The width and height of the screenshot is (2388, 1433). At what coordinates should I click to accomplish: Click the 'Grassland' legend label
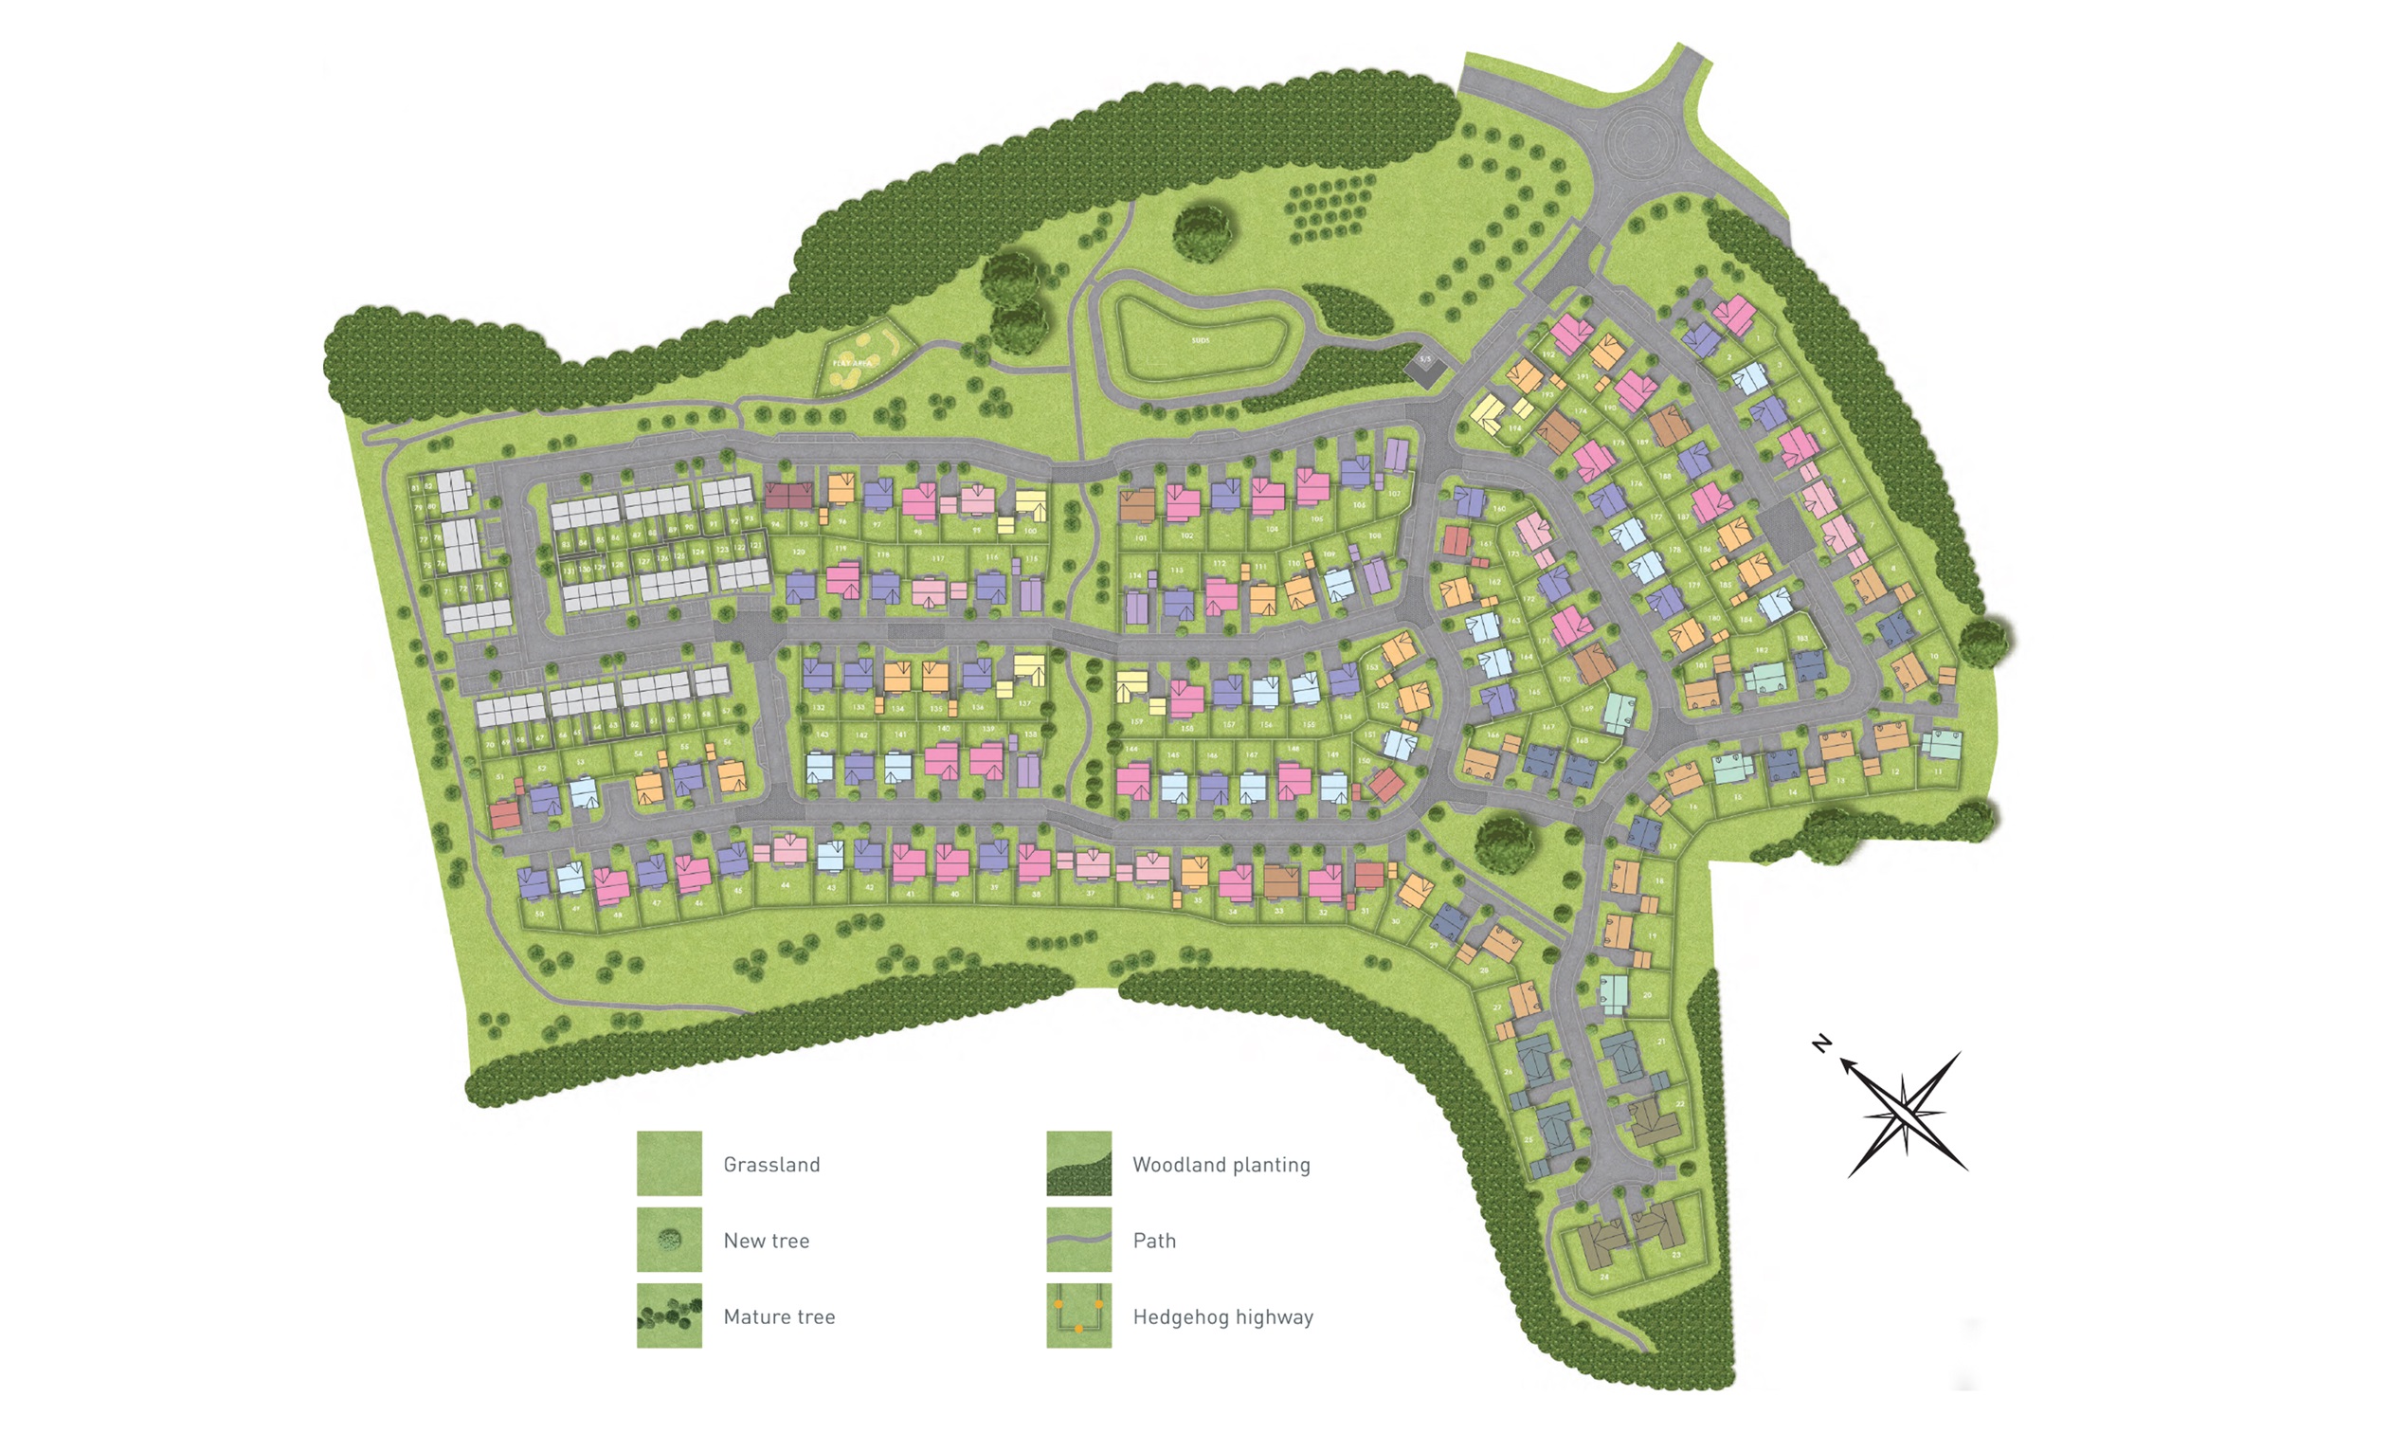[x=771, y=1165]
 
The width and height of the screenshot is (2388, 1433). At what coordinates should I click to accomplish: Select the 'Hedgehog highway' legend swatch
[x=1078, y=1315]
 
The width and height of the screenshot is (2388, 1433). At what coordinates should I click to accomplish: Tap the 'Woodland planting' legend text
[x=1221, y=1165]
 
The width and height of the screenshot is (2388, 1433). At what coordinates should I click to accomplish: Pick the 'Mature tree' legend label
[x=779, y=1316]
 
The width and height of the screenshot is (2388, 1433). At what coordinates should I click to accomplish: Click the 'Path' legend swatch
[x=1078, y=1239]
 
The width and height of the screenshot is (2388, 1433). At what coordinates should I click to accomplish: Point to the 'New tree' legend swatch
[x=669, y=1239]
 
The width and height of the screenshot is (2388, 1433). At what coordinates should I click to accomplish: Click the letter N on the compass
[x=1821, y=1043]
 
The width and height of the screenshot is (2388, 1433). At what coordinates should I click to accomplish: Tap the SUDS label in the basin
[x=1200, y=341]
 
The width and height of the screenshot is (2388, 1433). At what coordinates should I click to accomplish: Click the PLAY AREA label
[x=852, y=363]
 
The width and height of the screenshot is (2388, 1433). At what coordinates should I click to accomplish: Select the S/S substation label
[x=1424, y=361]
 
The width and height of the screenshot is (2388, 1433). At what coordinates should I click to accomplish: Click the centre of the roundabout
[x=1638, y=141]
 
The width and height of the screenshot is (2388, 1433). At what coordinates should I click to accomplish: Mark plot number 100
[x=1030, y=530]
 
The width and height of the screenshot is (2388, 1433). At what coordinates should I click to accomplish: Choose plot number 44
[x=785, y=884]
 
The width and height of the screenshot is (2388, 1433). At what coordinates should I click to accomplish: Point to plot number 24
[x=1604, y=1277]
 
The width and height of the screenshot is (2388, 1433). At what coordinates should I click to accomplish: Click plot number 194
[x=1514, y=427]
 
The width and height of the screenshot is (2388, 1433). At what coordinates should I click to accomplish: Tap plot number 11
[x=1937, y=771]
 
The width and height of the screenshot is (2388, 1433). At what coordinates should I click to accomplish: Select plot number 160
[x=1499, y=509]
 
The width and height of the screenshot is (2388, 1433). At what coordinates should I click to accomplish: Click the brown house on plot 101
[x=1137, y=505]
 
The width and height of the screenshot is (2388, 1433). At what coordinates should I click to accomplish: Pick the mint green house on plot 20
[x=1613, y=989]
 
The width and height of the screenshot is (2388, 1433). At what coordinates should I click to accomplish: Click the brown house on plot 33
[x=1282, y=880]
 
